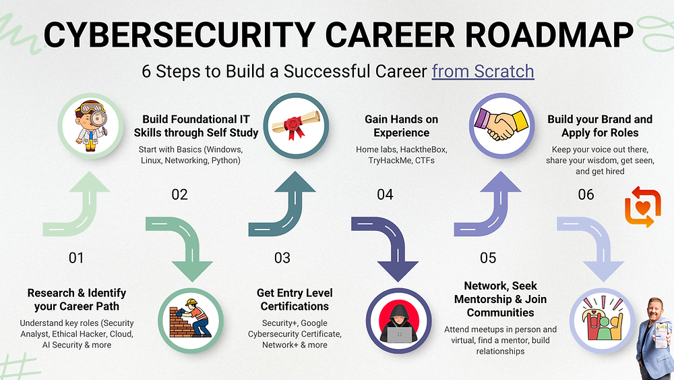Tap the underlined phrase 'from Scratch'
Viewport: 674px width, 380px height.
pyautogui.click(x=483, y=71)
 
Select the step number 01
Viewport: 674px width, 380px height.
pyautogui.click(x=76, y=257)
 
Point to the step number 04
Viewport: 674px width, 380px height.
pyautogui.click(x=385, y=195)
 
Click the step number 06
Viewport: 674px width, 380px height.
pyautogui.click(x=586, y=194)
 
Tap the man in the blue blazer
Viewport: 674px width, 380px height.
pyautogui.click(x=653, y=337)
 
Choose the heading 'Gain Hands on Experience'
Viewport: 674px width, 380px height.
pyautogui.click(x=401, y=126)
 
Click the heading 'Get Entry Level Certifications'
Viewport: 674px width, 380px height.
pyautogui.click(x=295, y=300)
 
